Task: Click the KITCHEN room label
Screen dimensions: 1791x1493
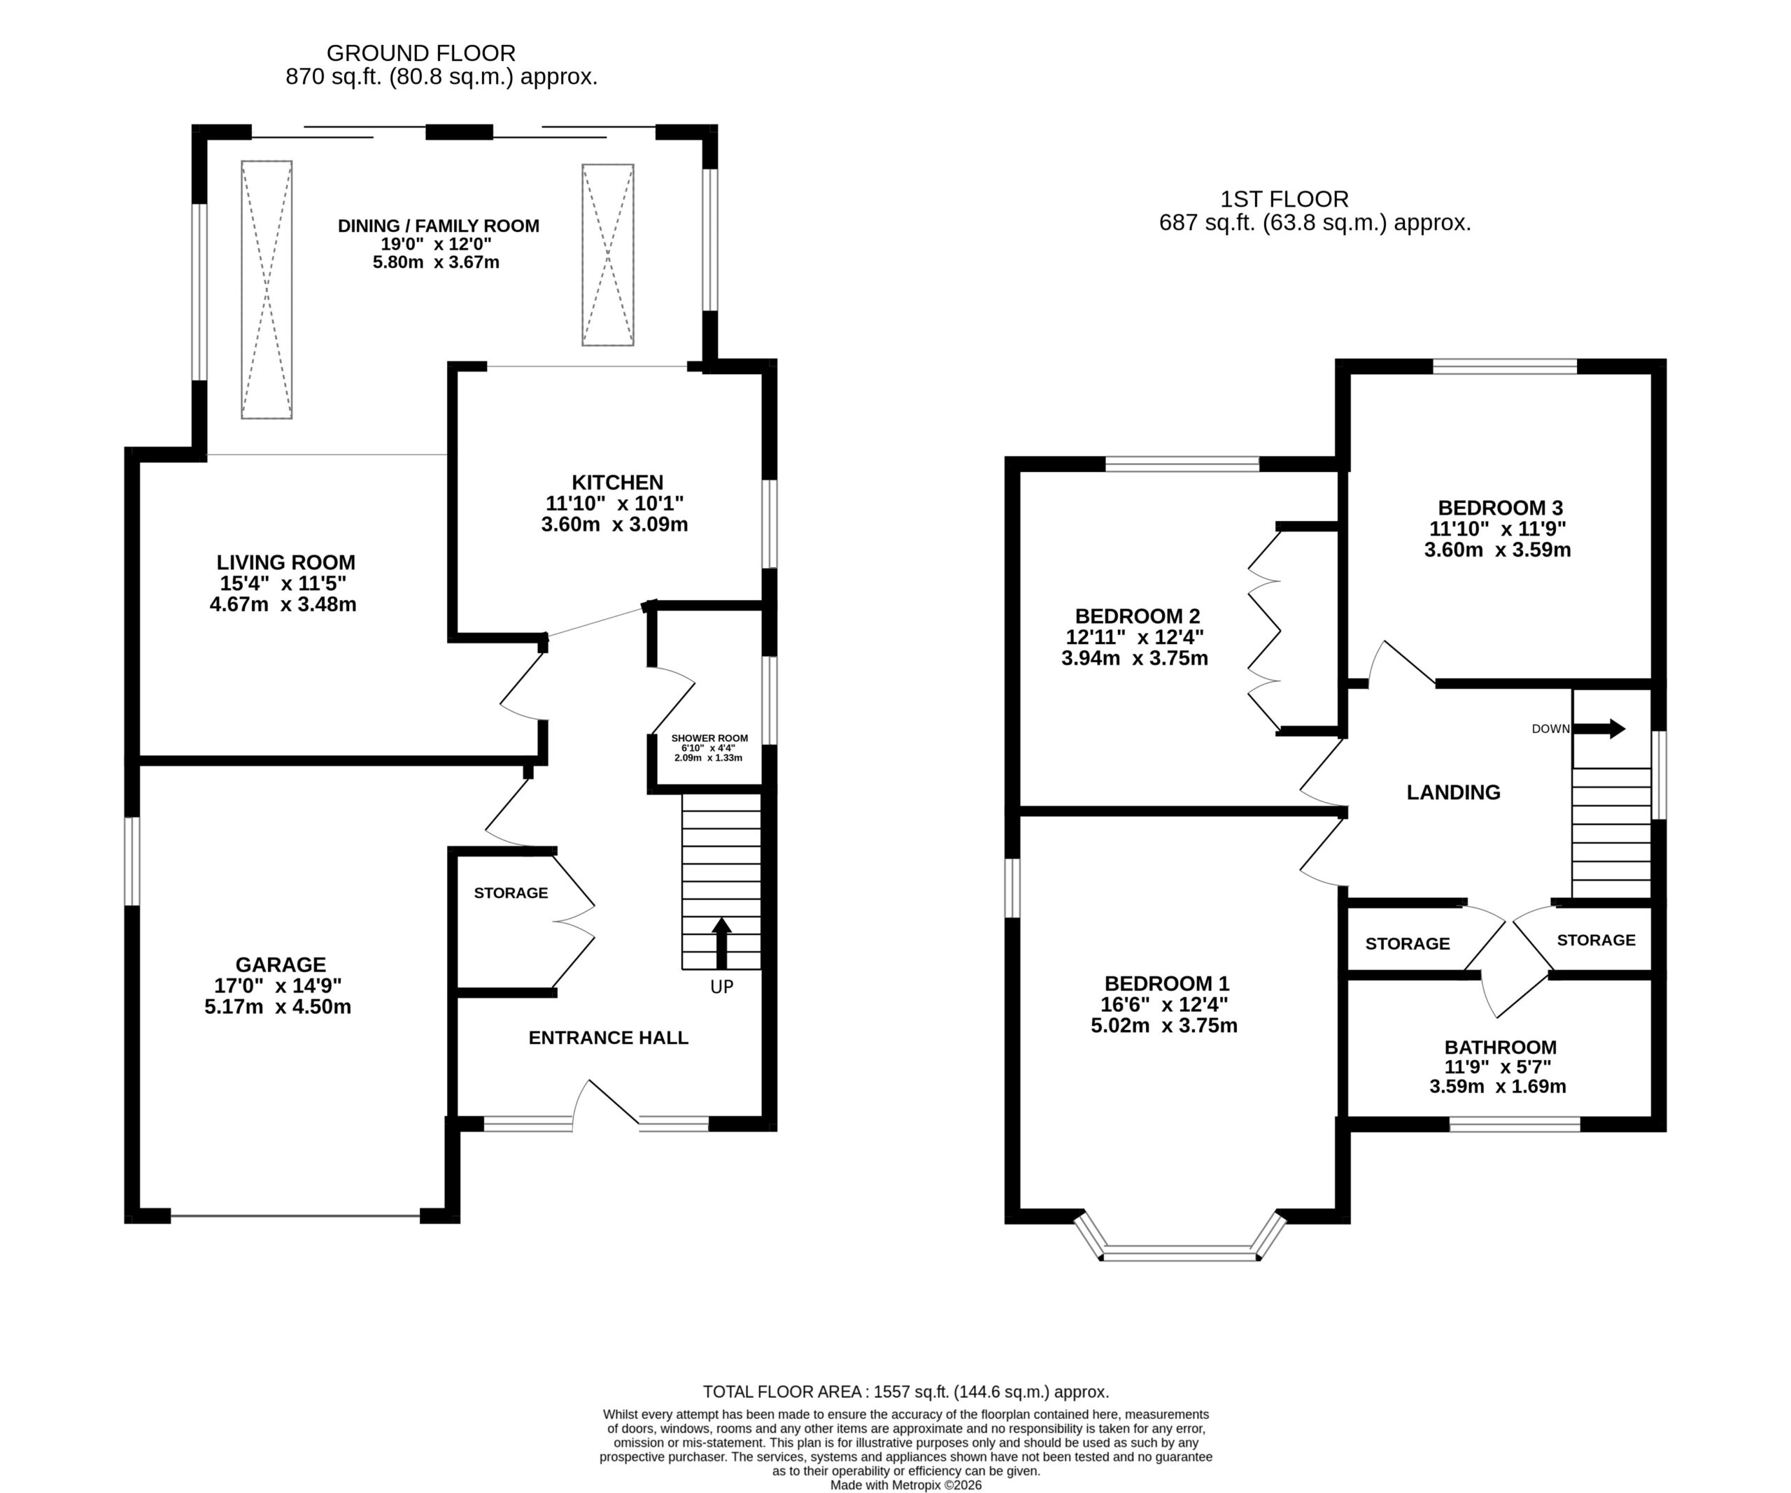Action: point(618,483)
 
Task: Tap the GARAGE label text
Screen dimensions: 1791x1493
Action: point(281,964)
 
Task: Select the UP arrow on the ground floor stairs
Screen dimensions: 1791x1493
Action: point(721,943)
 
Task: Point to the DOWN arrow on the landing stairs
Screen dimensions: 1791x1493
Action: point(1599,729)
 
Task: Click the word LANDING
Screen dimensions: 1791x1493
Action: point(1453,793)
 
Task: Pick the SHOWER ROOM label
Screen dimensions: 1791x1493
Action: point(709,738)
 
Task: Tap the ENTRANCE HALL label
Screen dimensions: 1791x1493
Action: point(608,1038)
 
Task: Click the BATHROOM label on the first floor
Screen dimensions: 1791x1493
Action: point(1500,1047)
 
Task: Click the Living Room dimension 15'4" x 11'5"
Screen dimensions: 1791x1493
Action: point(283,584)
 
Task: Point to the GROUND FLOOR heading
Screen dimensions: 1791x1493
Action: point(421,54)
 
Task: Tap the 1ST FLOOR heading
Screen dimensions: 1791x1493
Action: point(1284,199)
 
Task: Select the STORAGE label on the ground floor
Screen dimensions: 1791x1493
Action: point(511,893)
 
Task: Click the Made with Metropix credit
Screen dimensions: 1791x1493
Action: point(906,1485)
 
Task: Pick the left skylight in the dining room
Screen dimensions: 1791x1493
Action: point(267,290)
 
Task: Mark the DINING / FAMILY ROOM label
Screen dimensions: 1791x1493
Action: point(439,227)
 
